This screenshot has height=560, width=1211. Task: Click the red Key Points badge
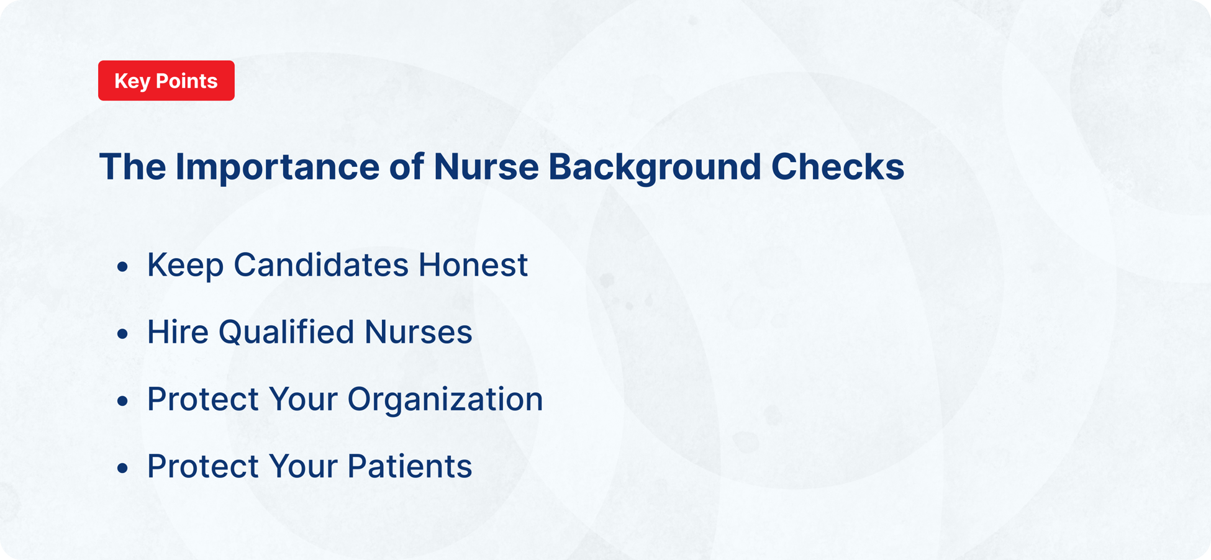(x=166, y=81)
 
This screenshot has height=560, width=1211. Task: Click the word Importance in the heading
(x=277, y=168)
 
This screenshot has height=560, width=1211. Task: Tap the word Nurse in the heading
(x=486, y=168)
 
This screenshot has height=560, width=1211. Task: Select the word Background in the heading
(x=655, y=168)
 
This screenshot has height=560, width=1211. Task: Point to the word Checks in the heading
(x=838, y=168)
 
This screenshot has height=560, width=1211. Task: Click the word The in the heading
(x=132, y=168)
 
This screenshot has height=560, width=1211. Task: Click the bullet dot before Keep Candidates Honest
(x=122, y=267)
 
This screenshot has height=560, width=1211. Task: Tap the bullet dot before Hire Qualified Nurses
(x=122, y=334)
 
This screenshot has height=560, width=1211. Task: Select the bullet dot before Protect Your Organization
(x=122, y=401)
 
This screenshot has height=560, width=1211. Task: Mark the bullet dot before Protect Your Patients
(x=122, y=468)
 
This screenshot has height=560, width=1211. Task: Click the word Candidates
(x=321, y=266)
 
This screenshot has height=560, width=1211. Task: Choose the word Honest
(x=473, y=266)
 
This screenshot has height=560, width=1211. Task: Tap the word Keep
(x=185, y=266)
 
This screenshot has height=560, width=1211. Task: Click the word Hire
(x=178, y=333)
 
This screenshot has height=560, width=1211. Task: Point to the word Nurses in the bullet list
(x=418, y=333)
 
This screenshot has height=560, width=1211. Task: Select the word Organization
(x=445, y=400)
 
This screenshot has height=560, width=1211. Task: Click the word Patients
(x=409, y=467)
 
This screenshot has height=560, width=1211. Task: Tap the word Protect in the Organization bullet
(x=202, y=400)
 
